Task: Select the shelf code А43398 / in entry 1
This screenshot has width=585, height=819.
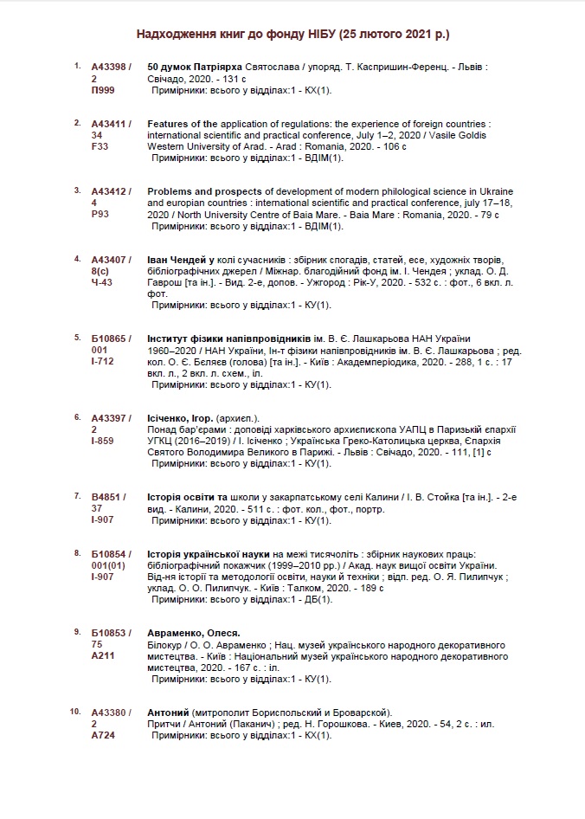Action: coord(112,67)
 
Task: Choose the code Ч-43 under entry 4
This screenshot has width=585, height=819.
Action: coord(102,282)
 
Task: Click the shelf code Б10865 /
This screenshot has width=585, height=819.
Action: coord(112,338)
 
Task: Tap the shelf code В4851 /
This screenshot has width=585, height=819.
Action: coord(109,497)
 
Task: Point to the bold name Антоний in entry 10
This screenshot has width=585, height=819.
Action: coord(169,712)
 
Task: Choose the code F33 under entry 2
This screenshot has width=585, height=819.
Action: coord(100,146)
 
